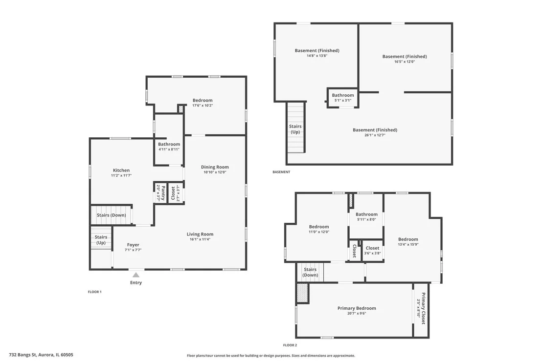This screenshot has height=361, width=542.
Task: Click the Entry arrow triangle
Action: tap(136, 275)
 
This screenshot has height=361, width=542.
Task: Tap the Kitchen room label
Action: tap(121, 170)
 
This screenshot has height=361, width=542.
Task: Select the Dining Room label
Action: tap(215, 167)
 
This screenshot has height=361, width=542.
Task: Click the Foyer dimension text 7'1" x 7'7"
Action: tap(133, 250)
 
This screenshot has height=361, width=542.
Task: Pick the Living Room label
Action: tap(200, 234)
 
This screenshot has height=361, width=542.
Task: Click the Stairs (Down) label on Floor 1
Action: tap(112, 215)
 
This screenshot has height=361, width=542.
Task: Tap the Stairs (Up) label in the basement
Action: tap(295, 129)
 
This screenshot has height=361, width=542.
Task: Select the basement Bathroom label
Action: tap(343, 95)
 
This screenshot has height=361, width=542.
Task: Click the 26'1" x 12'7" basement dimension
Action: tap(375, 135)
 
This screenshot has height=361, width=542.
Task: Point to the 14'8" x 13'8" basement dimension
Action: tap(317, 56)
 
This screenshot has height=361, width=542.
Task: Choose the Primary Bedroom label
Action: tap(357, 308)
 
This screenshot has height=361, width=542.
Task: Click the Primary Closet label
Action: tap(423, 308)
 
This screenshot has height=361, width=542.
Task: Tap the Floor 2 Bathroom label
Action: tap(366, 214)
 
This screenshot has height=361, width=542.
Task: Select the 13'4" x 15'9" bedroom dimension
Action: tap(408, 244)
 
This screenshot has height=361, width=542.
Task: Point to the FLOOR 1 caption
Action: tap(95, 292)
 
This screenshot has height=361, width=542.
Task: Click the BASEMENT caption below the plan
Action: tap(281, 172)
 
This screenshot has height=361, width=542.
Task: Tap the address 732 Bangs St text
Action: tap(23, 355)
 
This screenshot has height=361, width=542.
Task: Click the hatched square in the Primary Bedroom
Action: tap(302, 294)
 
